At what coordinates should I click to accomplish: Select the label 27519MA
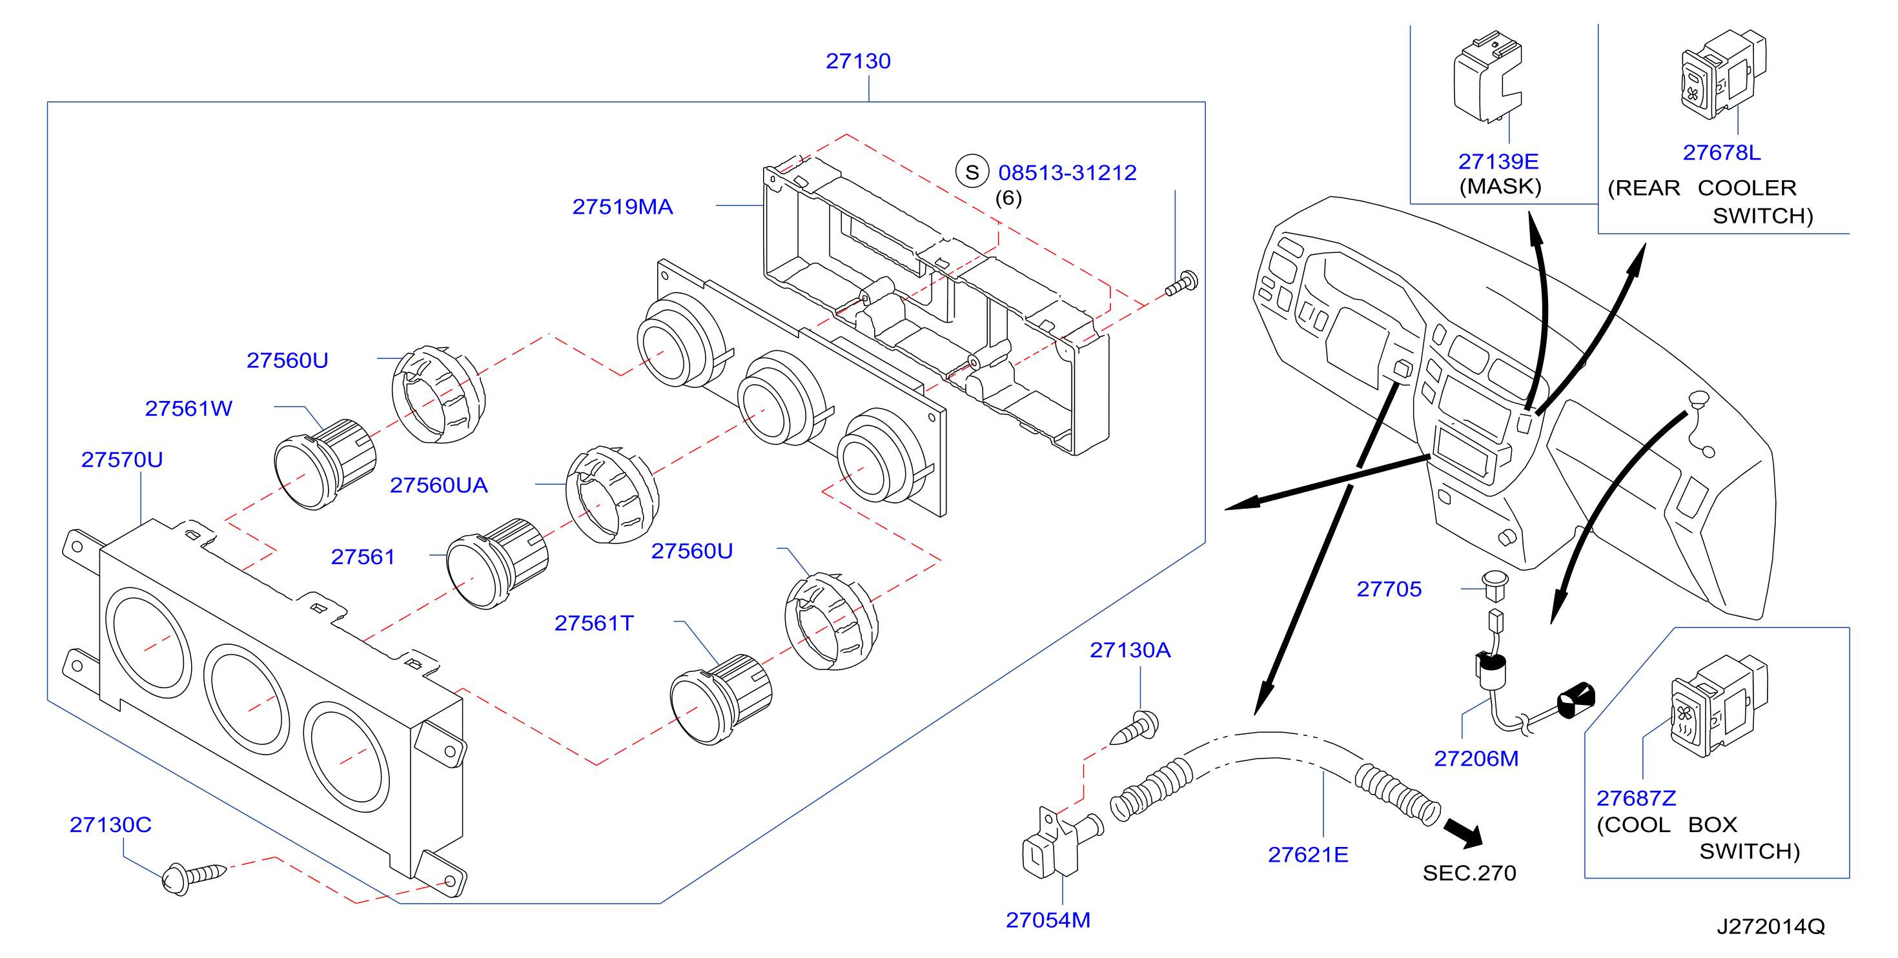pyautogui.click(x=622, y=207)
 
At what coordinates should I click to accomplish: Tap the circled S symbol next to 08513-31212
pyautogui.click(x=972, y=172)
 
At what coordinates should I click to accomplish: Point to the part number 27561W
pyautogui.click(x=189, y=408)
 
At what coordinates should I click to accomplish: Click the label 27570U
pyautogui.click(x=121, y=460)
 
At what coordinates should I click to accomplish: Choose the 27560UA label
pyautogui.click(x=438, y=485)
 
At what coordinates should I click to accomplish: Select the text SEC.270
pyautogui.click(x=1469, y=873)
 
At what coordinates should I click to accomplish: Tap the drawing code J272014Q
pyautogui.click(x=1771, y=926)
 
